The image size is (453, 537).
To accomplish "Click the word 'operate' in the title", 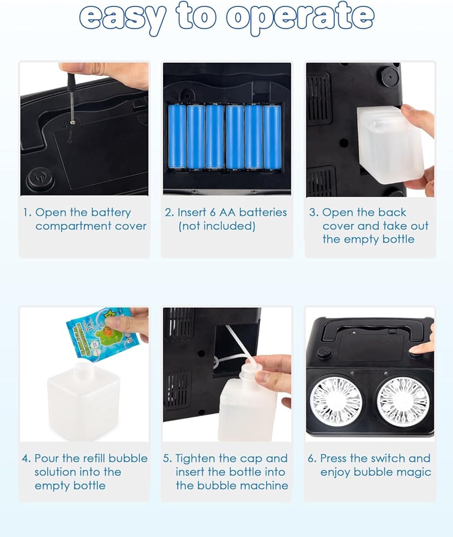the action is pyautogui.click(x=300, y=17).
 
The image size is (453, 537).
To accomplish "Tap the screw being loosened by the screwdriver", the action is pyautogui.click(x=72, y=122).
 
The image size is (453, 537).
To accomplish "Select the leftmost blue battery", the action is pyautogui.click(x=177, y=136).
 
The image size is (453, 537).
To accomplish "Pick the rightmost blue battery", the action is pyautogui.click(x=272, y=137).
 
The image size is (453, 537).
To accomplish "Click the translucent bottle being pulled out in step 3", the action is pyautogui.click(x=390, y=143).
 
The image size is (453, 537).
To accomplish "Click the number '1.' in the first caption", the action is pyautogui.click(x=27, y=212).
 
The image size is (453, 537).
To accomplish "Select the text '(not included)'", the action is pyautogui.click(x=217, y=226).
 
